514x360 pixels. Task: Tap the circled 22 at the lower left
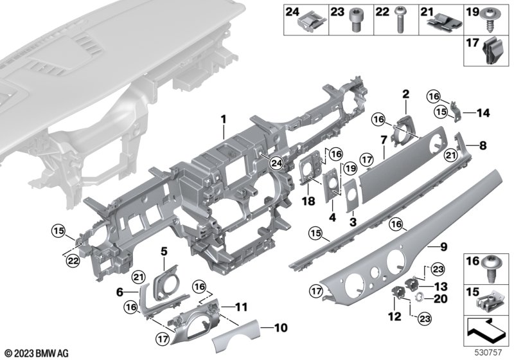pos(74,260)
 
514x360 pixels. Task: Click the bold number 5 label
pos(164,250)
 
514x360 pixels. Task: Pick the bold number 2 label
pos(405,94)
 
